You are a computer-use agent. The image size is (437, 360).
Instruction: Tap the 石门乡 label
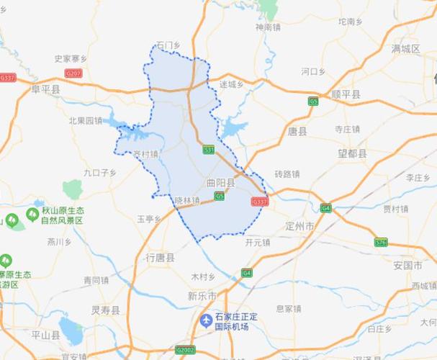(x=166, y=45)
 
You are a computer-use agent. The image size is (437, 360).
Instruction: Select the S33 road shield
(x=209, y=150)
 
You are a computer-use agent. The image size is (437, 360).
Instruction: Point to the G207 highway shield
(x=73, y=73)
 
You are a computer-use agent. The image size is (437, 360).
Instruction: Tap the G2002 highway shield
(x=185, y=350)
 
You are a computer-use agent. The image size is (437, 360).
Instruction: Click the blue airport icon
(x=207, y=318)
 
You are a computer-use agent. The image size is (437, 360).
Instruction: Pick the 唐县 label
(x=297, y=132)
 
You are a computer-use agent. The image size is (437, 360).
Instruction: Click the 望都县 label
(x=353, y=153)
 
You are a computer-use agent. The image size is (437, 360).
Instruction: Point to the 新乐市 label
(x=202, y=296)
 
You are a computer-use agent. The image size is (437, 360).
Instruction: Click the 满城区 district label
(x=405, y=49)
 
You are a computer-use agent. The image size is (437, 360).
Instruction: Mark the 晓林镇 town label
(x=186, y=201)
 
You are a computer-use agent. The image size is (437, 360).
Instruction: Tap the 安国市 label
(x=407, y=265)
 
